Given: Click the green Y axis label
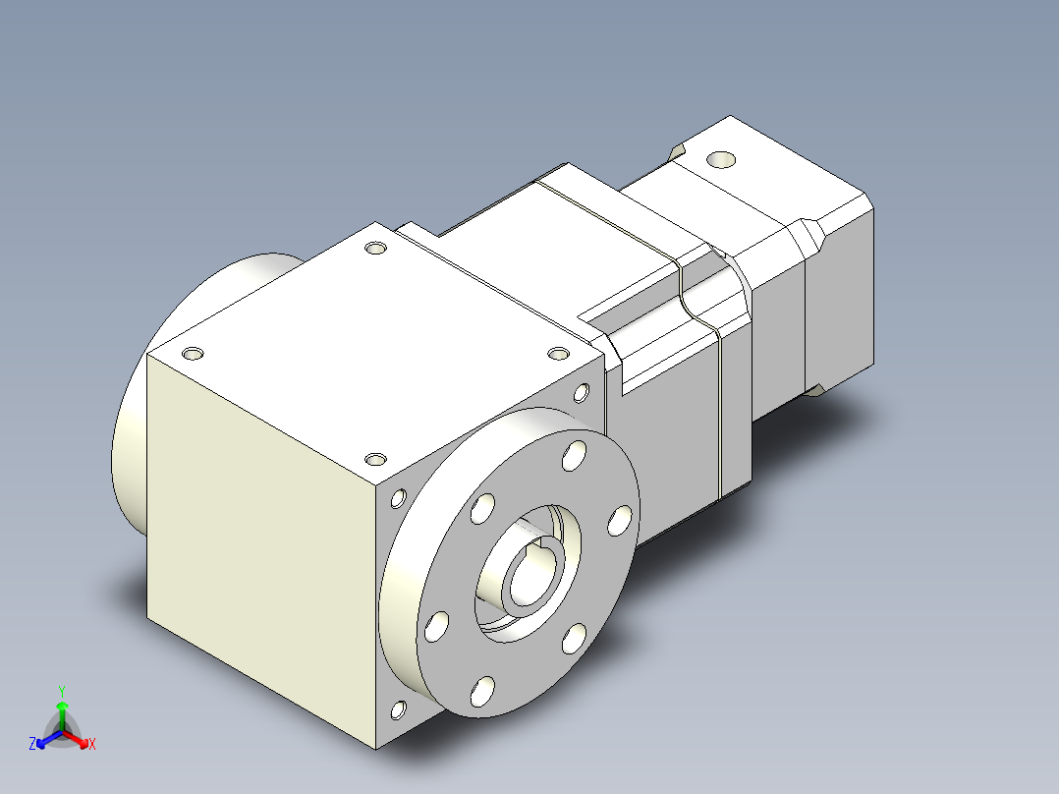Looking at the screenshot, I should tap(61, 691).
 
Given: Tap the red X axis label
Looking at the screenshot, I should tap(91, 745).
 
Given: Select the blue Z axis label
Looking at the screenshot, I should tap(32, 745).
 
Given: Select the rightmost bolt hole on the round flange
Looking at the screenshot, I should tap(619, 520).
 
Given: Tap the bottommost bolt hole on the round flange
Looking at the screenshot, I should tap(482, 691).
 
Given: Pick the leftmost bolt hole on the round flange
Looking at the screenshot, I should tap(438, 625).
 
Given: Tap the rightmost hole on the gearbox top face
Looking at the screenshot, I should tap(558, 354).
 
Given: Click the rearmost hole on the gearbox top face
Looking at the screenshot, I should tap(374, 248).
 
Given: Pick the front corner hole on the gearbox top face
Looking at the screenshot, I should tap(375, 458).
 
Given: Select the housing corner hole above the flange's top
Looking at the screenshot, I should tap(581, 393).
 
